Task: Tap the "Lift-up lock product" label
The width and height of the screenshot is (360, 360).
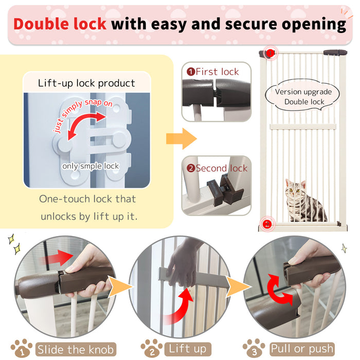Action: [x=86, y=83]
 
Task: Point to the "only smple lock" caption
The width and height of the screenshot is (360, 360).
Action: [x=91, y=166]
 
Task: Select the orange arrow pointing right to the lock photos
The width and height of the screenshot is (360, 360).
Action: [x=181, y=139]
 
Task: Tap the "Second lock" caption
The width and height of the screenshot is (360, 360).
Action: [x=217, y=168]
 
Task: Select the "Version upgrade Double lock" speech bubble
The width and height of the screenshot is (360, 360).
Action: [x=304, y=96]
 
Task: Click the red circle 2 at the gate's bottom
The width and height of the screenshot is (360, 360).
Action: [x=266, y=224]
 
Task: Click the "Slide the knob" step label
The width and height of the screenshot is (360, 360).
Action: [x=75, y=350]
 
